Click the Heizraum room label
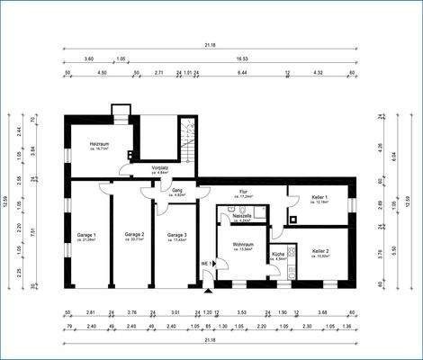click(x=99, y=144)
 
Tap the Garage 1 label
click(x=86, y=235)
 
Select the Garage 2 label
click(x=134, y=235)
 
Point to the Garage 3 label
click(x=176, y=235)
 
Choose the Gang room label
click(x=178, y=190)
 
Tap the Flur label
click(x=244, y=192)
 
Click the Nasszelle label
click(x=240, y=216)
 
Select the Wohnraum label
click(x=242, y=244)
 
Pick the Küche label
click(x=278, y=255)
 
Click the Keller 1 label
click(x=319, y=197)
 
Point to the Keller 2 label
click(x=320, y=250)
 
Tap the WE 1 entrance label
click(x=206, y=264)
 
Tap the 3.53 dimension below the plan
click(x=241, y=312)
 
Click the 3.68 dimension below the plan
click(x=322, y=312)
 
